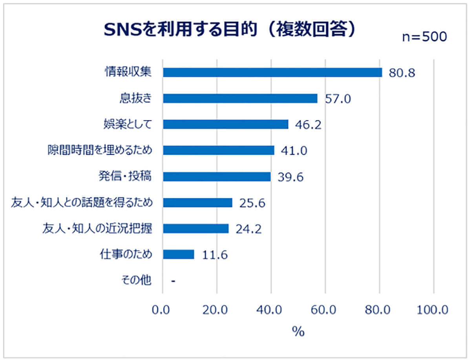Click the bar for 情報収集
click(x=272, y=73)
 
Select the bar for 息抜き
click(x=240, y=99)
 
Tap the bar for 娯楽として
click(x=225, y=124)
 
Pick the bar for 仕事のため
click(x=178, y=254)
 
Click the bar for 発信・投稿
click(x=217, y=177)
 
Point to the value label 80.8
click(x=402, y=73)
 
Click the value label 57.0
click(x=338, y=99)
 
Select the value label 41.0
click(x=294, y=151)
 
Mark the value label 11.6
click(x=215, y=255)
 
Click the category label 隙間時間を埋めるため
click(x=98, y=150)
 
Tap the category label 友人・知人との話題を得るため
click(x=81, y=203)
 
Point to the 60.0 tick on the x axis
click(x=325, y=310)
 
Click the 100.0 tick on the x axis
click(x=433, y=310)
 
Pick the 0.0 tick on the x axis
click(x=162, y=310)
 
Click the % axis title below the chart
click(x=298, y=332)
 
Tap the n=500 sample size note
click(x=424, y=37)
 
